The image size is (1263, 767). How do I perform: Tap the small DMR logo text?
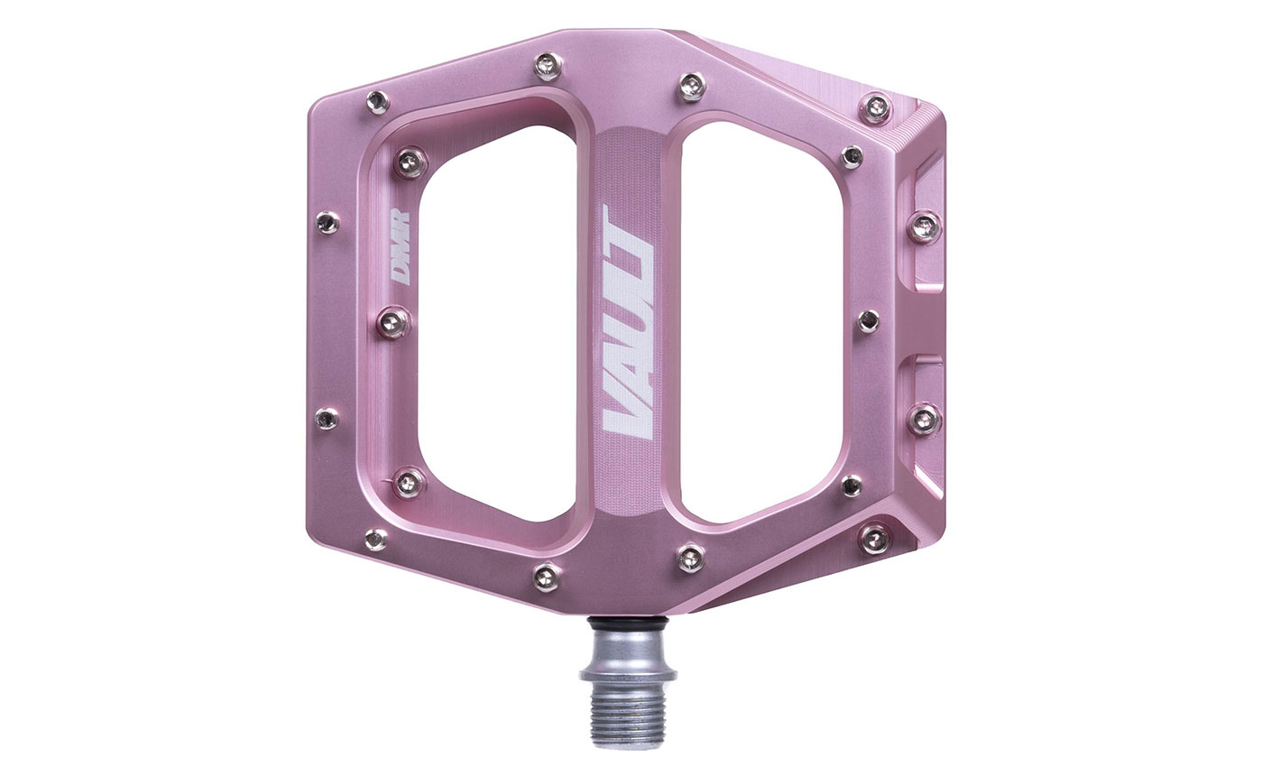(399, 247)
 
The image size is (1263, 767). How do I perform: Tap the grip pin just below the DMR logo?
(392, 320)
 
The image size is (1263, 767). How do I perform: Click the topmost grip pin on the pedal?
(547, 66)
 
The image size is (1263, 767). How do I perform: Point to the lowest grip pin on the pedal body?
(547, 575)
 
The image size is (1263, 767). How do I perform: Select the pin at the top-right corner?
(874, 107)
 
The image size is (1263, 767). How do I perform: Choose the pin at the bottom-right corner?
(874, 538)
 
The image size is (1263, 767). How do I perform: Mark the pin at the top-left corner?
(377, 101)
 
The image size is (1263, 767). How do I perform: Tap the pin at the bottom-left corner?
(376, 540)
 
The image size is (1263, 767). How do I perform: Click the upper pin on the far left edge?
(327, 222)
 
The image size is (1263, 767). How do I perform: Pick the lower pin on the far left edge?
(327, 418)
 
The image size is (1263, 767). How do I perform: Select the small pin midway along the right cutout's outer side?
(868, 320)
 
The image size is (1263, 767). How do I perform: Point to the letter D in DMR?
(399, 271)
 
